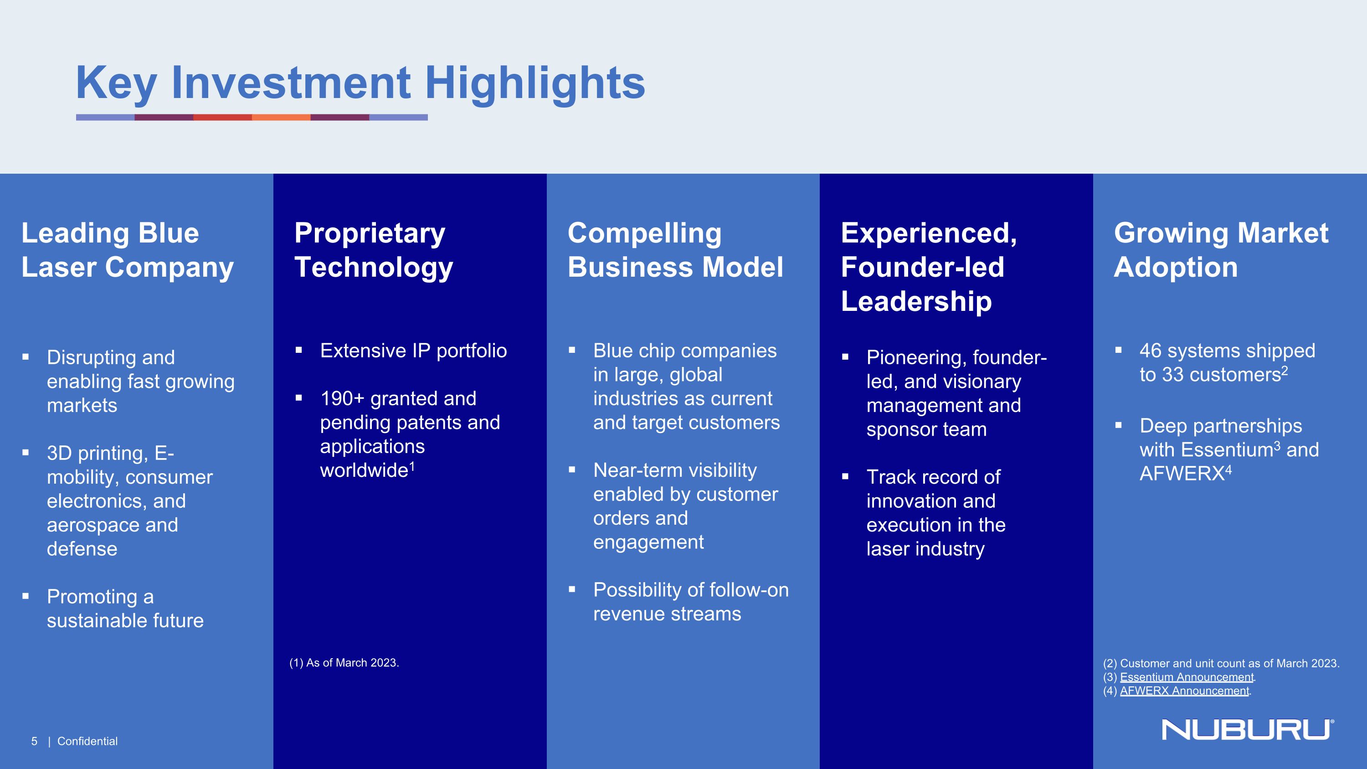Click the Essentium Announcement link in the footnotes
point(1187,677)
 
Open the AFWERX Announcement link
point(1184,691)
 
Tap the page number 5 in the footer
point(35,741)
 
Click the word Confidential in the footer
point(87,741)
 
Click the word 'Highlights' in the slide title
point(535,83)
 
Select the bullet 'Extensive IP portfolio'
point(413,351)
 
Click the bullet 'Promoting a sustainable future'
point(125,609)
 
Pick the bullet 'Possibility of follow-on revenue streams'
point(690,602)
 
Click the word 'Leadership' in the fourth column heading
point(916,301)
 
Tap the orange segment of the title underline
point(281,117)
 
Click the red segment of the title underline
point(222,117)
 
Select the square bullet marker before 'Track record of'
point(845,476)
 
